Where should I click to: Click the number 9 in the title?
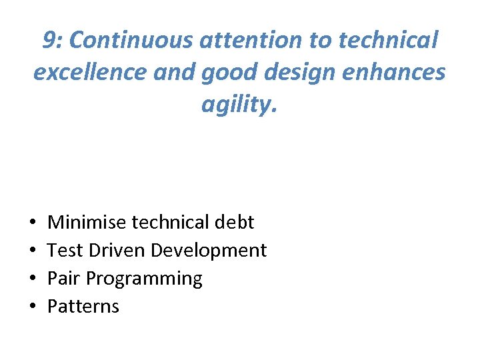[x=49, y=41]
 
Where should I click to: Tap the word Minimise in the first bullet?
[x=87, y=222]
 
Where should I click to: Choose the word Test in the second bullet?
[x=64, y=250]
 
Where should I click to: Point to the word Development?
[x=209, y=250]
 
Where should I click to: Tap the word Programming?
[x=144, y=279]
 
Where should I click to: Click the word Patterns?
[x=83, y=306]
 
